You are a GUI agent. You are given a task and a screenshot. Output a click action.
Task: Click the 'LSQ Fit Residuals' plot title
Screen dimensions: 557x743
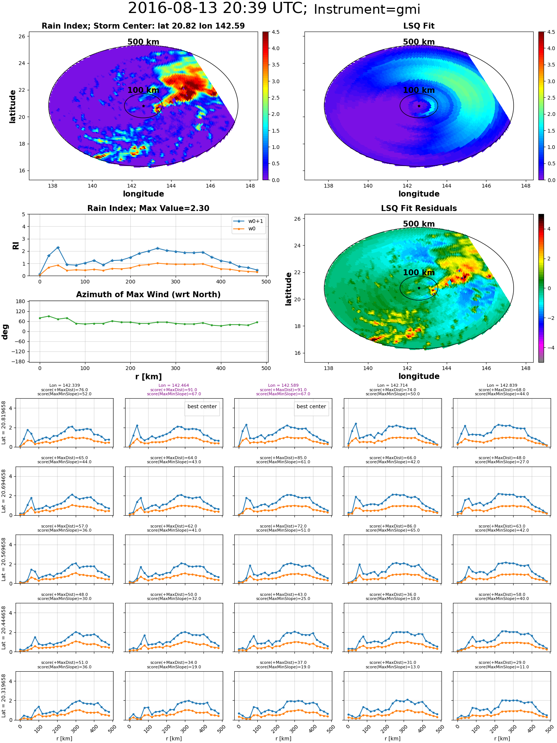pos(419,208)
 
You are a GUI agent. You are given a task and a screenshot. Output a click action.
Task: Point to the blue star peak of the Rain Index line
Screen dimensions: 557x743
pos(58,247)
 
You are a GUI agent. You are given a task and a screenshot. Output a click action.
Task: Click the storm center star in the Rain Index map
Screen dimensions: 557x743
pos(143,106)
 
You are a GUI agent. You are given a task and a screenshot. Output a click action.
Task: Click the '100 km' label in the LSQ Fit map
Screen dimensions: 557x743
pos(419,90)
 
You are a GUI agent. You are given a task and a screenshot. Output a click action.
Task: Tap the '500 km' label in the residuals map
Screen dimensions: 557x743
pos(419,224)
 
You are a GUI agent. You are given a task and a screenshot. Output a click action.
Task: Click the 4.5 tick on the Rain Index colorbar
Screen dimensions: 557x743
pos(276,32)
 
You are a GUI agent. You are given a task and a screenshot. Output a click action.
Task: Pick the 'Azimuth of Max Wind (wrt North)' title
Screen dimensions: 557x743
pos(148,295)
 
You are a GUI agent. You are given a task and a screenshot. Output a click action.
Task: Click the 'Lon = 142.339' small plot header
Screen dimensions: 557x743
pos(64,386)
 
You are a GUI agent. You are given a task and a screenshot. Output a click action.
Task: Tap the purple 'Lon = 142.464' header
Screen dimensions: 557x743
pos(174,386)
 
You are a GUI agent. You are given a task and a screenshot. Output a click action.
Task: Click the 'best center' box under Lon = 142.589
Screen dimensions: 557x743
pos(311,407)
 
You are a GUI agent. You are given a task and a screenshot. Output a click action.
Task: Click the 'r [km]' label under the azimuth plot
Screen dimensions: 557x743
pos(148,377)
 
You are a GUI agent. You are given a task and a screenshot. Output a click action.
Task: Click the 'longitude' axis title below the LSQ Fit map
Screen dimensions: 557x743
pos(419,194)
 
